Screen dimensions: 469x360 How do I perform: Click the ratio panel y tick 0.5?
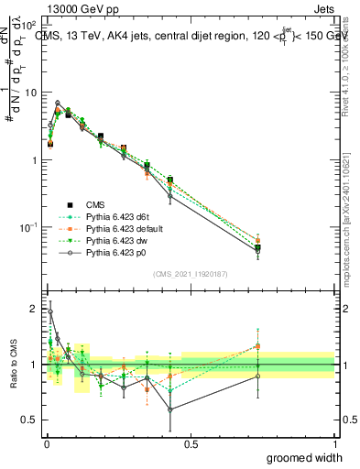tap(29, 420)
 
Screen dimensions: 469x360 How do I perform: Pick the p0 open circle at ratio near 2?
tap(49, 311)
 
